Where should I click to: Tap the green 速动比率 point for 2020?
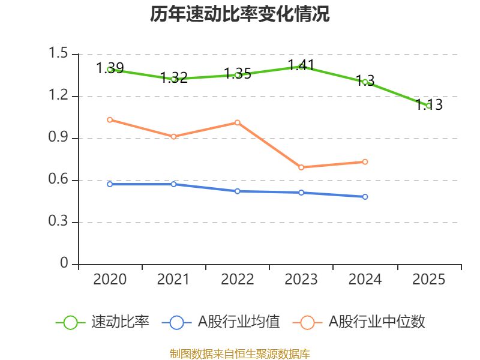coord(110,70)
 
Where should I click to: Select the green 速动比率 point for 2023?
coord(301,67)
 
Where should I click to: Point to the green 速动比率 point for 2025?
coord(428,106)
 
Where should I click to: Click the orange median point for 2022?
coord(238,122)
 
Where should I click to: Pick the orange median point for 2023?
coord(301,167)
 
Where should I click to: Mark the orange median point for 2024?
coord(365,161)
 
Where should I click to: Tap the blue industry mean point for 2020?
coord(110,184)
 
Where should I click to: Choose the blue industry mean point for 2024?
coord(365,197)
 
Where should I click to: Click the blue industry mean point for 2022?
coord(238,191)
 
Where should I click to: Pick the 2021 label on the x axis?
coord(173,280)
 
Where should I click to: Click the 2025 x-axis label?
coord(428,280)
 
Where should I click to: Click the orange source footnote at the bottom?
coord(240,353)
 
